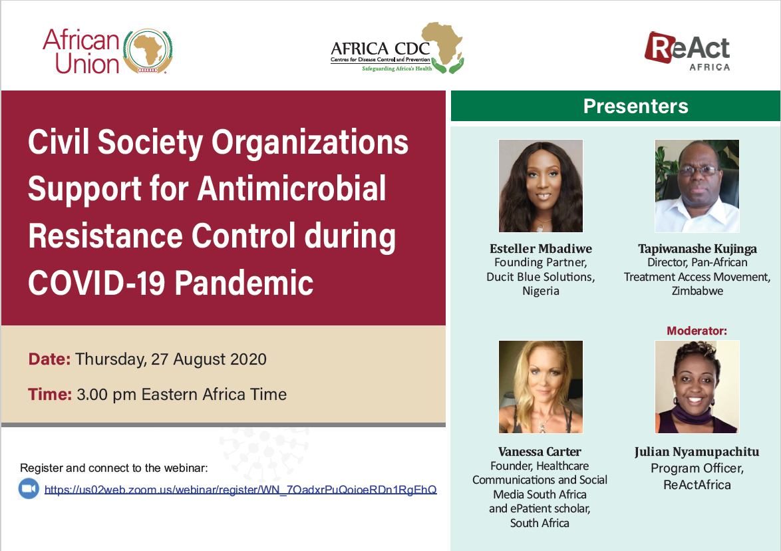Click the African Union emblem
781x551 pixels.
tap(148, 51)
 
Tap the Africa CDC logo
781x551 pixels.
tap(397, 49)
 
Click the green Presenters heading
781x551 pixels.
tap(635, 106)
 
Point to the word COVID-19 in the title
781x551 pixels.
tap(96, 283)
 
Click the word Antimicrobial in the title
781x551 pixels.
tap(292, 188)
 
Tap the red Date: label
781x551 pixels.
tap(49, 359)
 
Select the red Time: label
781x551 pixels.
tap(50, 394)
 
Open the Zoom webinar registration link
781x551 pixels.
tap(241, 490)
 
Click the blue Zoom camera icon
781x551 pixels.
tap(29, 488)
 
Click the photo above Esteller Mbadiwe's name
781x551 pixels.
tap(540, 186)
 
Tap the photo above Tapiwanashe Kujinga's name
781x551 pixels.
tap(697, 186)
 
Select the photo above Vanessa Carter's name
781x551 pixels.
tap(540, 387)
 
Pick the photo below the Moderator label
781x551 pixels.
tap(697, 387)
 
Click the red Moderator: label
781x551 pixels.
tap(697, 331)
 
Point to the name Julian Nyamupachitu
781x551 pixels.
tap(697, 452)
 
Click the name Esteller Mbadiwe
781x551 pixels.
tap(541, 249)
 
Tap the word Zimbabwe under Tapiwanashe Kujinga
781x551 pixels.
tap(697, 291)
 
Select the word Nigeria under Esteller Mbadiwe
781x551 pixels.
tap(541, 291)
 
